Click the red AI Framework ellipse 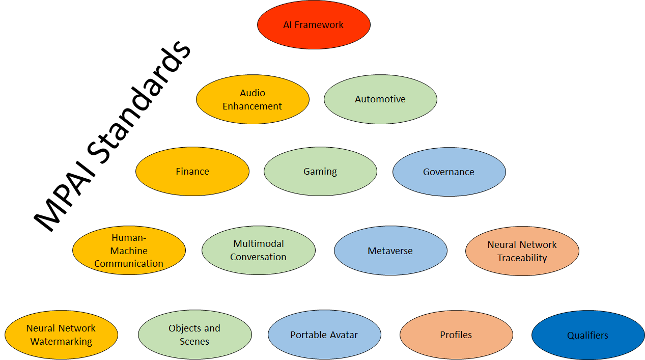(314, 25)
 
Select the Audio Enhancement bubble (253, 99)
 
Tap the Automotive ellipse (380, 99)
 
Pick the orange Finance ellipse (192, 172)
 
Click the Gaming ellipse (320, 172)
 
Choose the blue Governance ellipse (449, 172)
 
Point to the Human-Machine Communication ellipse (129, 251)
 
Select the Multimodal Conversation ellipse (259, 251)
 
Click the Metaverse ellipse (390, 251)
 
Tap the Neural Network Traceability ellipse (522, 251)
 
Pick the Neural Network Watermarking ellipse (61, 335)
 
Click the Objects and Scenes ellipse (195, 335)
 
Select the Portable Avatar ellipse (324, 335)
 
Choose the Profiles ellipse (456, 335)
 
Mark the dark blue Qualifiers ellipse (588, 335)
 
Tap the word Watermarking (61, 342)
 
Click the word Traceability (522, 258)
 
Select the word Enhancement (252, 106)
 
